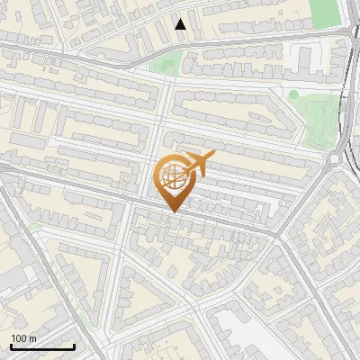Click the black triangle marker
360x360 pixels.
(x=181, y=24)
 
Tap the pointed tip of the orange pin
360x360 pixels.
(x=174, y=211)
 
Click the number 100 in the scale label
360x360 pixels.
(x=19, y=338)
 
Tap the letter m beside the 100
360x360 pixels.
(x=33, y=338)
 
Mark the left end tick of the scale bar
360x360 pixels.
(x=11, y=346)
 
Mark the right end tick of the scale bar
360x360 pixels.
(x=74, y=346)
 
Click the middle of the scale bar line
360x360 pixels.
(x=42, y=347)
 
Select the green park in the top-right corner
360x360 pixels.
(x=323, y=13)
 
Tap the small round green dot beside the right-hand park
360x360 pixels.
(x=293, y=94)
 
